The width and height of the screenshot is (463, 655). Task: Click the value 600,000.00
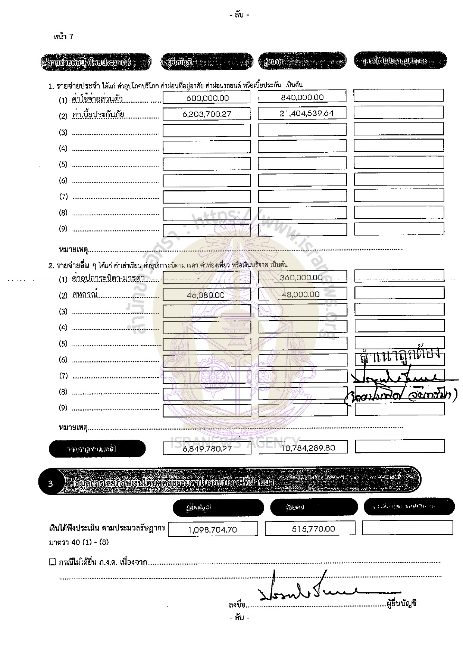pos(207,98)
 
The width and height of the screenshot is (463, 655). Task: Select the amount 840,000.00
pos(302,97)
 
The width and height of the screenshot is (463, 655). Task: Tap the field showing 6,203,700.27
pos(207,114)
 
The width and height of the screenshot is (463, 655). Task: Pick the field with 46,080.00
pos(206,295)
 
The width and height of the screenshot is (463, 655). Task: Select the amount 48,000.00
pos(301,294)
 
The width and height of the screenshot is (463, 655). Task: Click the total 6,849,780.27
pos(207,449)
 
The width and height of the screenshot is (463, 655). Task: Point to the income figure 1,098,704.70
pos(213,530)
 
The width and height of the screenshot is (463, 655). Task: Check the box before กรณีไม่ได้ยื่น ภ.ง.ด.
pos(52,562)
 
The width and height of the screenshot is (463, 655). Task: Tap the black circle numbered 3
pos(51,484)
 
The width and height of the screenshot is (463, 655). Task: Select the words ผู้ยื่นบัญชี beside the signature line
pos(401,603)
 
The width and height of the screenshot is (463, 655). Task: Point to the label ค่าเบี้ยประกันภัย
pos(98,115)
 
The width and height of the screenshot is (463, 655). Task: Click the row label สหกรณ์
pos(85,294)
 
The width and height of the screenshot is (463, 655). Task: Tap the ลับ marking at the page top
pos(239,15)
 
